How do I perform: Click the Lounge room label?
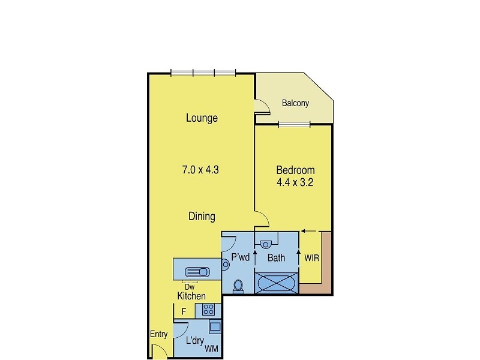tap(202, 118)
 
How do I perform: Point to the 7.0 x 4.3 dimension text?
tap(200, 170)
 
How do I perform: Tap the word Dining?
tap(202, 217)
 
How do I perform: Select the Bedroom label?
tap(295, 170)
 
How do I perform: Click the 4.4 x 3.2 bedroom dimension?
tap(295, 182)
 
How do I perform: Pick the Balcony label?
tap(295, 103)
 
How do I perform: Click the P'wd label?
tap(241, 259)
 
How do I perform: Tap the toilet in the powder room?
tap(238, 286)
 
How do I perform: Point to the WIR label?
tap(311, 259)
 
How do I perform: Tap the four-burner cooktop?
tap(209, 310)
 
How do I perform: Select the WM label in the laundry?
tap(212, 348)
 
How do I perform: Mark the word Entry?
tap(159, 335)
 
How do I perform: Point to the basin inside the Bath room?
tap(266, 243)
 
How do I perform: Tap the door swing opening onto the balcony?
tap(261, 107)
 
